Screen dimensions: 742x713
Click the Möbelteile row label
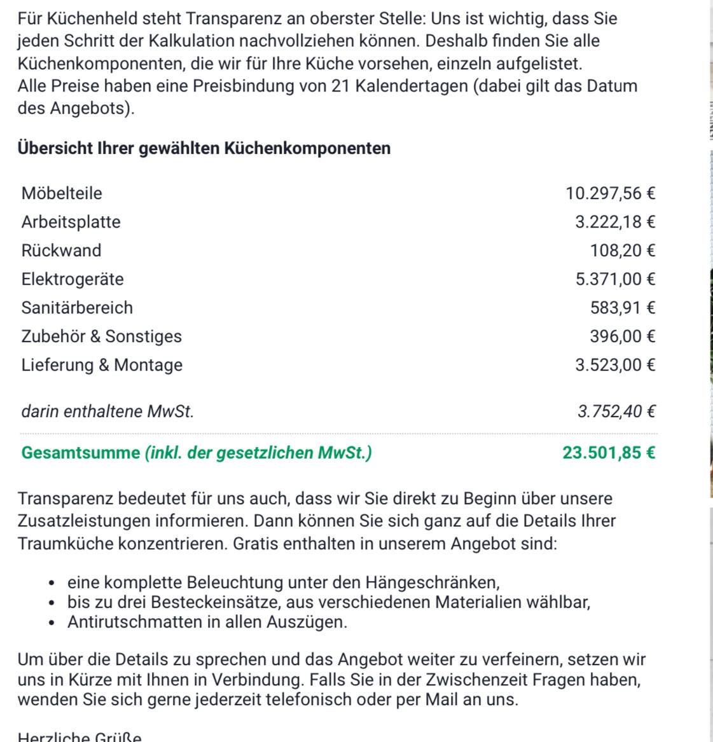click(x=62, y=193)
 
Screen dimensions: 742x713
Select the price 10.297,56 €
click(x=610, y=193)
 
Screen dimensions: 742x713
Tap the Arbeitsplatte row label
click(x=71, y=222)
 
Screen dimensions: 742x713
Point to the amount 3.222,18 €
click(x=614, y=222)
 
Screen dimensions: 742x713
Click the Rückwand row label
click(x=61, y=251)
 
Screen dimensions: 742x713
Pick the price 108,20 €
click(x=622, y=251)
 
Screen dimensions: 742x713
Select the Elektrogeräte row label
click(x=73, y=279)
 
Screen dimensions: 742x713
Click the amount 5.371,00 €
click(x=614, y=279)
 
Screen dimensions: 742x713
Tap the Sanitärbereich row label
click(x=77, y=308)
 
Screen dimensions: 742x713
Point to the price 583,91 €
click(x=622, y=308)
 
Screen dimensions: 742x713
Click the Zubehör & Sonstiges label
click(x=101, y=336)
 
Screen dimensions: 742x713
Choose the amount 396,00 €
click(x=622, y=336)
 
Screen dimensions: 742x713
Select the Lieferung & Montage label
click(x=102, y=365)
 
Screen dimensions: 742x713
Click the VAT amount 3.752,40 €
click(x=616, y=411)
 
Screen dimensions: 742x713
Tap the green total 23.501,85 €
click(x=609, y=453)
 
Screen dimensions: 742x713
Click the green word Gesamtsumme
click(x=80, y=453)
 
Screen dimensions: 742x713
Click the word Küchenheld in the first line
click(x=86, y=18)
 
